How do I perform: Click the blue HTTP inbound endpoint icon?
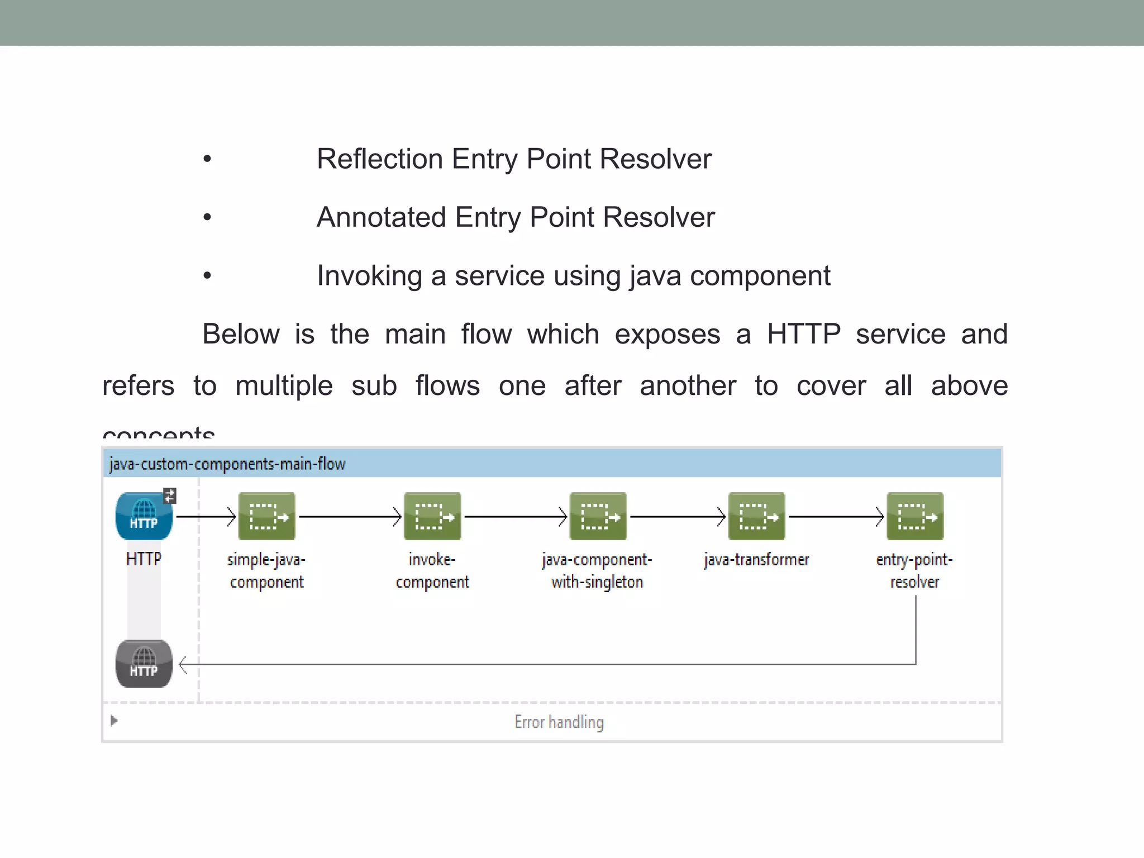[x=144, y=516]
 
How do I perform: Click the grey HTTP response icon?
[x=144, y=664]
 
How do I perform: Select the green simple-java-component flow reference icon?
[x=266, y=516]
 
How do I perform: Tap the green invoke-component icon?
[x=432, y=516]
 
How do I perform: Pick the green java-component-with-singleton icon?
[x=597, y=516]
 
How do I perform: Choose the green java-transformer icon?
[x=756, y=516]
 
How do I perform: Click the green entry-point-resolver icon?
[x=914, y=516]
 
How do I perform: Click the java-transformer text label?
[x=756, y=560]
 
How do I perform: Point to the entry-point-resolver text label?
[x=914, y=571]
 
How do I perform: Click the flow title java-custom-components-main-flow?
[x=227, y=464]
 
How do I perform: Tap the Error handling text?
[x=559, y=722]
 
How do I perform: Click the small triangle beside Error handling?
[x=114, y=721]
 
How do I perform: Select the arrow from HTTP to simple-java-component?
[x=206, y=517]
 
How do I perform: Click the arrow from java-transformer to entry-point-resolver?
[x=836, y=517]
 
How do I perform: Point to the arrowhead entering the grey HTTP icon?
[x=183, y=665]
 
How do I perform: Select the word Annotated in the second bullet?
[x=381, y=217]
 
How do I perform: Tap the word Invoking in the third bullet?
[x=369, y=276]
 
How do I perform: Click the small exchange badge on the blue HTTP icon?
[x=170, y=495]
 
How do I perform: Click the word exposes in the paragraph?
[x=667, y=335]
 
